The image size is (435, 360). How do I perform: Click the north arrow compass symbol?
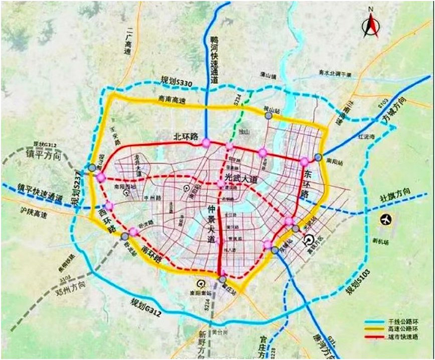point(370,23)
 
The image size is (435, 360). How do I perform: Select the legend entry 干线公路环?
point(400,318)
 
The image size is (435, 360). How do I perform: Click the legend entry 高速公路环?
point(400,328)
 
